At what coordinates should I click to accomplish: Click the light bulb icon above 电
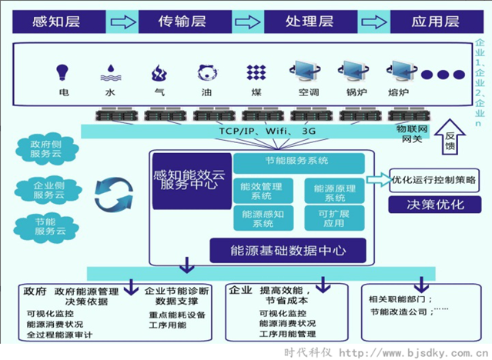(64, 74)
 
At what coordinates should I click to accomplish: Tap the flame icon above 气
(160, 74)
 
